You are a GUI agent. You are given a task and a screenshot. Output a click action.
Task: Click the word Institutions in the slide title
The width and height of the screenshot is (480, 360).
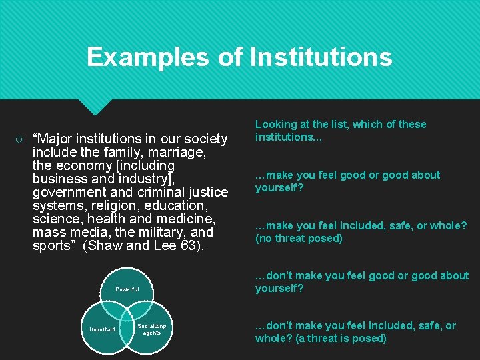point(321,57)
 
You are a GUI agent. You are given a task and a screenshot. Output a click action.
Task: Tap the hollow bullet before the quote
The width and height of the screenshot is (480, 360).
point(20,139)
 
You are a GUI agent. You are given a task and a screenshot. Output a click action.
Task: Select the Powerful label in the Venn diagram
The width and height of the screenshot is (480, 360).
point(127,289)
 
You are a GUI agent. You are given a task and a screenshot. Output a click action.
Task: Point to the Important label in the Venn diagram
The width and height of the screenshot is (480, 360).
point(103,329)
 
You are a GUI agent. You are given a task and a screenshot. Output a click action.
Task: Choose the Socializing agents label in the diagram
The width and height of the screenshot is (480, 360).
point(152,329)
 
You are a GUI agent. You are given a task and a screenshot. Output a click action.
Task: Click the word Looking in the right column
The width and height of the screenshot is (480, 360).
point(277,124)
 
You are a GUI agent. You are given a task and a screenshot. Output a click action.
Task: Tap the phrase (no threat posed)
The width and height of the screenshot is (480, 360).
point(299,238)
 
